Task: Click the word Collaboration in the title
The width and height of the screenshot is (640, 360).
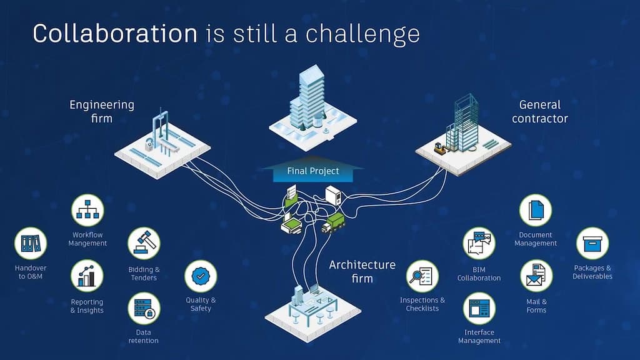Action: pyautogui.click(x=115, y=33)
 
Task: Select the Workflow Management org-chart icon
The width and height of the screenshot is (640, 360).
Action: pyautogui.click(x=87, y=210)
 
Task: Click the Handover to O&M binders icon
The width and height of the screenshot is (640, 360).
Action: pyautogui.click(x=31, y=243)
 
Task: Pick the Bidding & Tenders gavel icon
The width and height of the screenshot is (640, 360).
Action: pyautogui.click(x=144, y=243)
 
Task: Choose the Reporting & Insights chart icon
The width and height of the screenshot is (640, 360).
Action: pyautogui.click(x=87, y=276)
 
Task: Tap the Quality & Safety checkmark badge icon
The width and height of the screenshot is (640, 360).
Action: pyautogui.click(x=201, y=276)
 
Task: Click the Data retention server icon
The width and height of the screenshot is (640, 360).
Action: pyautogui.click(x=144, y=309)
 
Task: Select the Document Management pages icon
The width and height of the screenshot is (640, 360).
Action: pyautogui.click(x=536, y=210)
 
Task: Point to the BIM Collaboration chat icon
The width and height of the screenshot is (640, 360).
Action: pyautogui.click(x=479, y=243)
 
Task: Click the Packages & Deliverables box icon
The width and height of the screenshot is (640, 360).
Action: pyautogui.click(x=592, y=243)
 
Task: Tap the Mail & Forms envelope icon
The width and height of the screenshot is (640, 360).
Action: pyautogui.click(x=536, y=276)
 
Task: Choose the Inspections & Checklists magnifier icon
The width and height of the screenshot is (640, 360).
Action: pyautogui.click(x=422, y=276)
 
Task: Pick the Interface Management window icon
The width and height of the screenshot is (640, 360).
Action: pyautogui.click(x=479, y=309)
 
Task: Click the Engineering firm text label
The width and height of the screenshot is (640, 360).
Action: pyautogui.click(x=102, y=111)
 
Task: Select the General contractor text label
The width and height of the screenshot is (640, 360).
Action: pyautogui.click(x=539, y=111)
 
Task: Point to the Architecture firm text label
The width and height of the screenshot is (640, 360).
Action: pyautogui.click(x=362, y=271)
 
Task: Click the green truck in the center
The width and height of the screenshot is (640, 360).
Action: pyautogui.click(x=334, y=223)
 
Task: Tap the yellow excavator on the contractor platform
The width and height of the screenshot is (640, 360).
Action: pyautogui.click(x=440, y=148)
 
